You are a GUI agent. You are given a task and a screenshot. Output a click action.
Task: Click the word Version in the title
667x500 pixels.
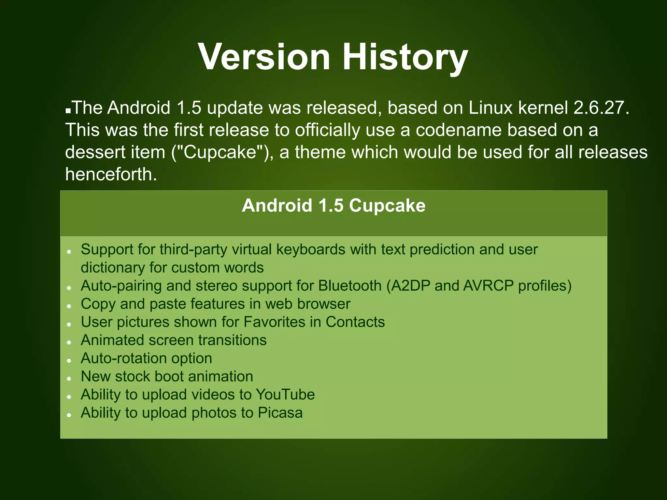(264, 57)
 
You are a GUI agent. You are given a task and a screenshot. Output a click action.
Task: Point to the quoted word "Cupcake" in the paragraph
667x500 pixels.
(220, 152)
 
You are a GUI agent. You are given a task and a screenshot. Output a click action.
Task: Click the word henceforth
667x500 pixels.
(111, 174)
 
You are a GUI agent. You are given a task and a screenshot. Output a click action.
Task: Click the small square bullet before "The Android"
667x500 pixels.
(68, 111)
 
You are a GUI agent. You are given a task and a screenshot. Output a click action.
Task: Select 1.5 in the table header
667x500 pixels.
(331, 205)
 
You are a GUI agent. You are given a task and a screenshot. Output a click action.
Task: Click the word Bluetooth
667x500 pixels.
(350, 285)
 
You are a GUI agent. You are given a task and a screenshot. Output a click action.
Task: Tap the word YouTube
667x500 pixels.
(285, 394)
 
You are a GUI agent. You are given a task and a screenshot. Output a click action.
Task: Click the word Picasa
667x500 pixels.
(280, 412)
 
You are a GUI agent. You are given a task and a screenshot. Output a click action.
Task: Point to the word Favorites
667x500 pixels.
(274, 322)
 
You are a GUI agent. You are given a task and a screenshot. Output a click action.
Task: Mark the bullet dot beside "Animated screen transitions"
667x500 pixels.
(69, 342)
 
